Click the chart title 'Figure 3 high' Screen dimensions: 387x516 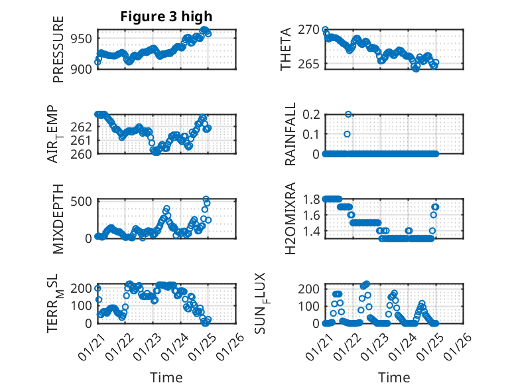(x=166, y=17)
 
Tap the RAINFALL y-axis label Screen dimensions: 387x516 (x=290, y=135)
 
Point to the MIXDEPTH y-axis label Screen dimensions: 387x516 (x=58, y=220)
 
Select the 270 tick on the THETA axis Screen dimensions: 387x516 (x=310, y=30)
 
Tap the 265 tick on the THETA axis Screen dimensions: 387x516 (x=310, y=64)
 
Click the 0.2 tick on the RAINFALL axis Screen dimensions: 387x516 (x=311, y=114)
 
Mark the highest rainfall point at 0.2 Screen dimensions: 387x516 (x=348, y=114)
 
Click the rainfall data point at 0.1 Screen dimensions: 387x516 (x=347, y=134)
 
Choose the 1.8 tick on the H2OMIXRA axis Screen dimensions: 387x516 (x=311, y=198)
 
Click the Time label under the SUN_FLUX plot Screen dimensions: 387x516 (x=394, y=378)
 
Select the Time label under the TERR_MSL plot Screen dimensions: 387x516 (x=166, y=378)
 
